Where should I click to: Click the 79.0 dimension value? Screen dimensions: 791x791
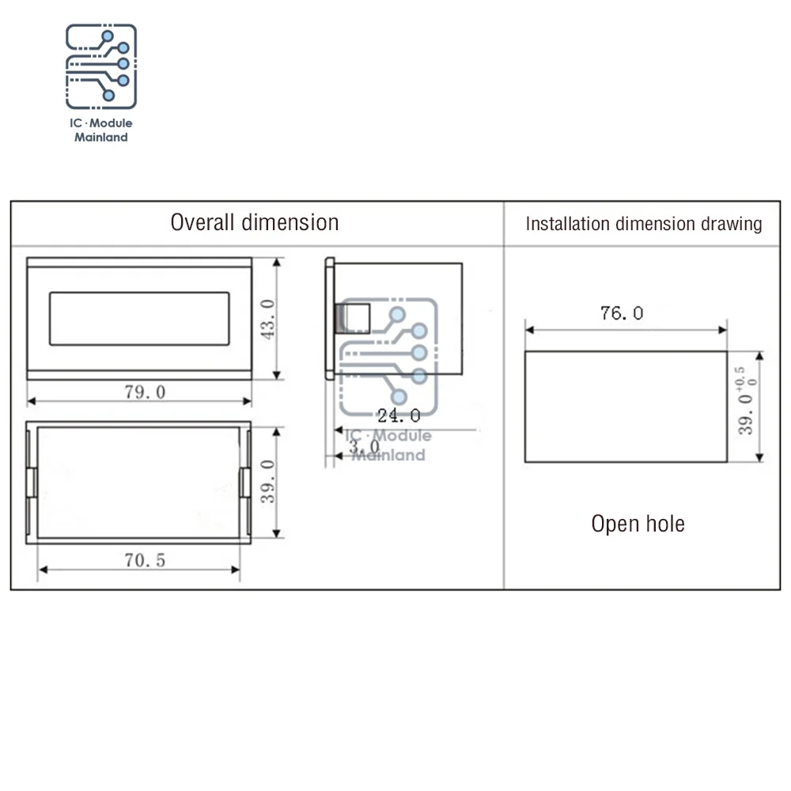(145, 392)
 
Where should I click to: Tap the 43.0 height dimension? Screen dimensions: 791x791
(268, 319)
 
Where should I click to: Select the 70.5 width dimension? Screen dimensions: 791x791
(145, 561)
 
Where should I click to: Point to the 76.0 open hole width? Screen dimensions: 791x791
(622, 313)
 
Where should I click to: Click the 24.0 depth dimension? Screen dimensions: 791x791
(399, 416)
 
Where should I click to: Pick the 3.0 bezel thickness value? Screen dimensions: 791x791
(364, 446)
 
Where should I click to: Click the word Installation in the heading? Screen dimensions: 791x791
(567, 224)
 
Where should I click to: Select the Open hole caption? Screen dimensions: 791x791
(638, 524)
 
